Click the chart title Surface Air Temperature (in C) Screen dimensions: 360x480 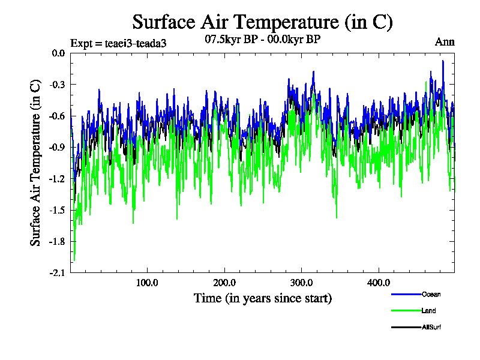pos(262,22)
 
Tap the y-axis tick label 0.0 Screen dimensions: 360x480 pos(58,53)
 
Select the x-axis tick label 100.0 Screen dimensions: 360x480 pos(147,283)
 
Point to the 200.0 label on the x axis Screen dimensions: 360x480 pos(224,283)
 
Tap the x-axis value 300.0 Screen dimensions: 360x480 pos(302,283)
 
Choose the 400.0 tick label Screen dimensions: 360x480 pos(379,283)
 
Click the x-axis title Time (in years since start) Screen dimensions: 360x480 pos(262,298)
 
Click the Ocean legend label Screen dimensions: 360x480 pos(430,294)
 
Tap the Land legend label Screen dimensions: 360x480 pos(428,311)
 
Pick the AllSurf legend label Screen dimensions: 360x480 pos(431,328)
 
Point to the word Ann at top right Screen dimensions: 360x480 pos(445,42)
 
